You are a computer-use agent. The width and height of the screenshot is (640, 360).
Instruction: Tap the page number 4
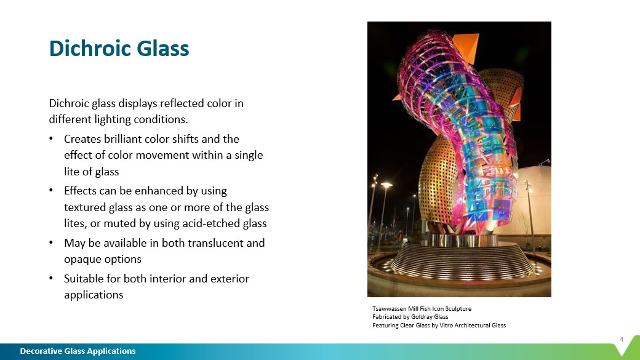pyautogui.click(x=621, y=339)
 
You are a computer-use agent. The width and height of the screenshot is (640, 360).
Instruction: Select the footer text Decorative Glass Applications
pyautogui.click(x=78, y=351)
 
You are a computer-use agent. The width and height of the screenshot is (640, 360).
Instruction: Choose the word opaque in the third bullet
pyautogui.click(x=82, y=259)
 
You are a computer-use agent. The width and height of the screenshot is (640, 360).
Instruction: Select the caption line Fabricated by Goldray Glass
pyautogui.click(x=410, y=317)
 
